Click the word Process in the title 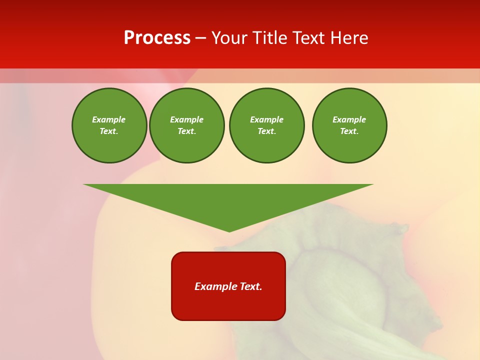(157, 38)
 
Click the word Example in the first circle (109, 119)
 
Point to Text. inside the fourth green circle (349, 131)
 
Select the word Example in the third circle (266, 119)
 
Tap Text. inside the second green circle (187, 131)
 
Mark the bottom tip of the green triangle (229, 230)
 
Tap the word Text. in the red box (251, 286)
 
